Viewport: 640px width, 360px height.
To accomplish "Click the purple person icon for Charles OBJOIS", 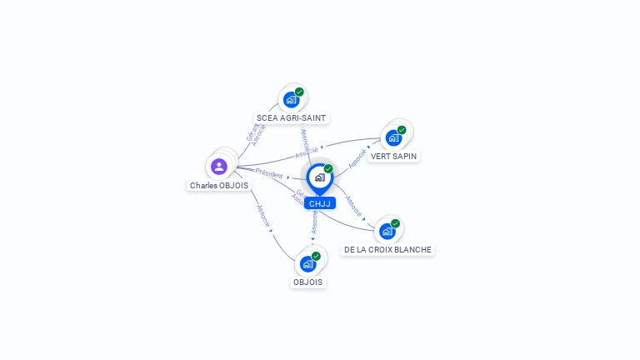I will [219, 167].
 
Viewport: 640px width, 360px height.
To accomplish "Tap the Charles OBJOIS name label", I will [219, 186].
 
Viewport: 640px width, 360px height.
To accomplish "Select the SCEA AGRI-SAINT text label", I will [291, 117].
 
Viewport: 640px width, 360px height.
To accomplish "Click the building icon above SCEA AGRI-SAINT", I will [291, 100].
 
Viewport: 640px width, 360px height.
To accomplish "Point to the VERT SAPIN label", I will [394, 156].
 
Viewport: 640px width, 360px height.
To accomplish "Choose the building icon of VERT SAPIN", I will [393, 137].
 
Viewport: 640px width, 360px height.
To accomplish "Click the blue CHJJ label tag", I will [319, 203].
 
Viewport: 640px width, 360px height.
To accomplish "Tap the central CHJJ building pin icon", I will [319, 177].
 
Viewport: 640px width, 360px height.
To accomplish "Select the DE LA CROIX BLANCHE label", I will [388, 249].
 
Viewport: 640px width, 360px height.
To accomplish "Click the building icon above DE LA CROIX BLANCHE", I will [387, 232].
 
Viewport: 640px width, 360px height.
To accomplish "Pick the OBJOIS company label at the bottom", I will [308, 282].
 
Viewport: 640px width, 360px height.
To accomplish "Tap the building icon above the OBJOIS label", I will [308, 264].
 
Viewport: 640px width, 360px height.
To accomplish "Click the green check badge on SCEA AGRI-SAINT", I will [299, 92].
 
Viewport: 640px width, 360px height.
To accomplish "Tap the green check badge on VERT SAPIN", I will [402, 130].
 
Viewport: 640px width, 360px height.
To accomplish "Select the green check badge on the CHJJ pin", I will [328, 168].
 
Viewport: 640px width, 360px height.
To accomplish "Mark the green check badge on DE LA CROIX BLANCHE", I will [396, 223].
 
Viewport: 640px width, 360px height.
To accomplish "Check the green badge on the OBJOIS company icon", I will [317, 256].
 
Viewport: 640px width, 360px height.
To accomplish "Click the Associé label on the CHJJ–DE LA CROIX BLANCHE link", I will [353, 205].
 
